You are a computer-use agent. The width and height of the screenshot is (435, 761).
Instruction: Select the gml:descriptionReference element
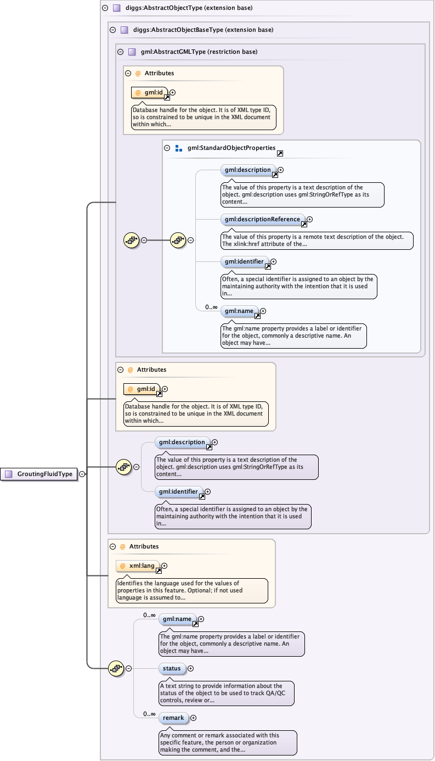pos(262,219)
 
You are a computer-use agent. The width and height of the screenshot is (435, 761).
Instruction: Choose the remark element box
pos(173,718)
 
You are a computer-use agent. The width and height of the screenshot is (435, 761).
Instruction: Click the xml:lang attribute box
pos(138,566)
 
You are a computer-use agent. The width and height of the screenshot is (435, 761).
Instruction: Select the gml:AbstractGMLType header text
pos(199,52)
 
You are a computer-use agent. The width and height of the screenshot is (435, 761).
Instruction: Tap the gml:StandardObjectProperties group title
pos(231,148)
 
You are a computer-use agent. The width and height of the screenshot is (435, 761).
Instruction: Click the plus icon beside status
pos(191,668)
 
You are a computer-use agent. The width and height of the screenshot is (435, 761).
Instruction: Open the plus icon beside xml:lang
pos(165,566)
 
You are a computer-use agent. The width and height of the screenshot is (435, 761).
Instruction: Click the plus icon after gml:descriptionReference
pos(309,219)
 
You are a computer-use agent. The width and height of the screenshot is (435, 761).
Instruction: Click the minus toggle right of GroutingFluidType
pos(82,474)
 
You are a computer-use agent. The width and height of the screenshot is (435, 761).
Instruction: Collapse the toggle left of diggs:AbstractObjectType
pos(105,8)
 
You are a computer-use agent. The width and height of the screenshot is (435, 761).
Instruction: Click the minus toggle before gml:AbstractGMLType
pos(121,52)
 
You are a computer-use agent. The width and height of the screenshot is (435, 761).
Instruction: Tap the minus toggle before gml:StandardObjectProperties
pos(167,148)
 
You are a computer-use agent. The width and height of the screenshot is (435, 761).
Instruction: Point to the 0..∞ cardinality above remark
pos(149,713)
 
